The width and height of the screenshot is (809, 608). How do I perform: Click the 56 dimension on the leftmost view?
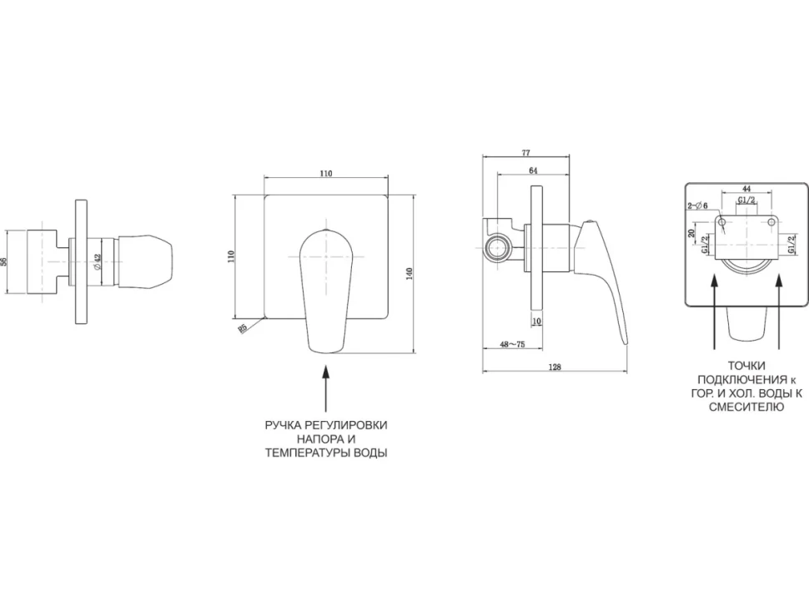(x=4, y=261)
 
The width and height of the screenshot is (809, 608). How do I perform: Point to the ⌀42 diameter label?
(x=98, y=261)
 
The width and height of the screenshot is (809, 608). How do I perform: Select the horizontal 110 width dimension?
(x=325, y=174)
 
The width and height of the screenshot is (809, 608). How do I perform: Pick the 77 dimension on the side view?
(x=525, y=152)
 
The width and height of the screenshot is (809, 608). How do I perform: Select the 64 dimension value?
(x=533, y=170)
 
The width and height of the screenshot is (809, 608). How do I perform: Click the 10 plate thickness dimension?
(x=536, y=322)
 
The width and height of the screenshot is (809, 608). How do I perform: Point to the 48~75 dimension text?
(x=512, y=345)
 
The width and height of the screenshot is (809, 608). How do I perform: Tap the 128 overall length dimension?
(x=555, y=367)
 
